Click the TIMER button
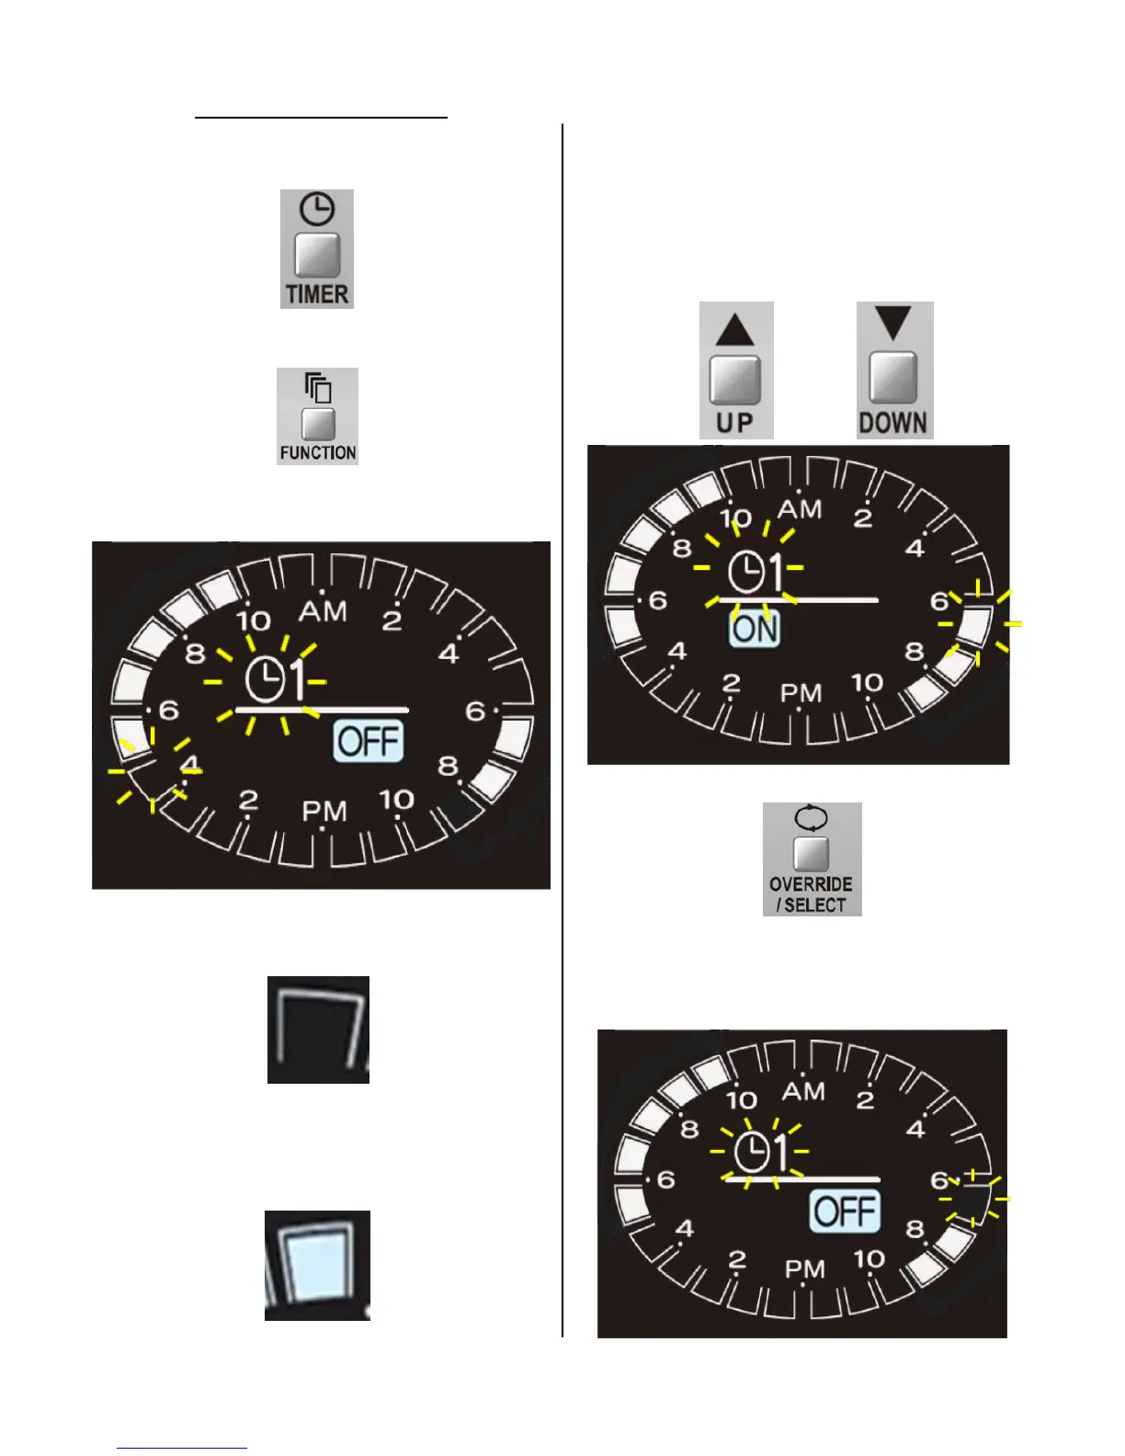click(x=317, y=256)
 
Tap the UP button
click(x=735, y=381)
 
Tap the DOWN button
click(x=893, y=378)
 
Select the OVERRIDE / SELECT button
click(x=812, y=854)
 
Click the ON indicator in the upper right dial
click(x=755, y=630)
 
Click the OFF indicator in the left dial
click(x=369, y=742)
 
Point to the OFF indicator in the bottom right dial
click(x=845, y=1211)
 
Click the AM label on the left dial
click(x=324, y=610)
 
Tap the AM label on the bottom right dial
click(x=803, y=1091)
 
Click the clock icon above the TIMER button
click(x=317, y=210)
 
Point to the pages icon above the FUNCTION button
click(x=318, y=388)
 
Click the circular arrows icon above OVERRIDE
click(x=811, y=816)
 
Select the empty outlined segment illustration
click(x=318, y=1029)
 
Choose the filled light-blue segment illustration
click(x=317, y=1266)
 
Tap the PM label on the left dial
click(x=324, y=812)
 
